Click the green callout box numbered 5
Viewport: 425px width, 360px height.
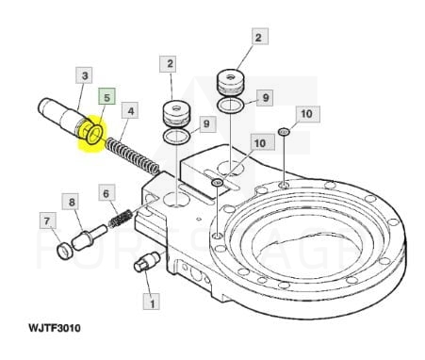(106, 96)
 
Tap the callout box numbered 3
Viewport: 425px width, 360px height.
(84, 75)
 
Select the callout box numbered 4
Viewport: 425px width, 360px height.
(130, 110)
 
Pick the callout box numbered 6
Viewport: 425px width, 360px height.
(106, 193)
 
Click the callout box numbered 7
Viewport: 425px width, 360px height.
(47, 221)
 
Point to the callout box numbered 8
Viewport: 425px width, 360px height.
(72, 202)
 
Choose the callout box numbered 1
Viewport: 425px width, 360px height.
(152, 303)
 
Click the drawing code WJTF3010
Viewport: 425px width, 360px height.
(55, 328)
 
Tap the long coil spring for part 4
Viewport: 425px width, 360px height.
(133, 156)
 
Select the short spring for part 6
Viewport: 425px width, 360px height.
(120, 218)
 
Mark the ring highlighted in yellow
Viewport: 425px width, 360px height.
(94, 135)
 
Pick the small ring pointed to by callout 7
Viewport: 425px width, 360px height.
(64, 252)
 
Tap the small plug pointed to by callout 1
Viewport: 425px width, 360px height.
(147, 262)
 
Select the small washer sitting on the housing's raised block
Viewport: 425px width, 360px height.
(217, 182)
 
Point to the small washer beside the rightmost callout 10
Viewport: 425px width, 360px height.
(284, 132)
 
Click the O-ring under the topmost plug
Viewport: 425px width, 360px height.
(231, 105)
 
